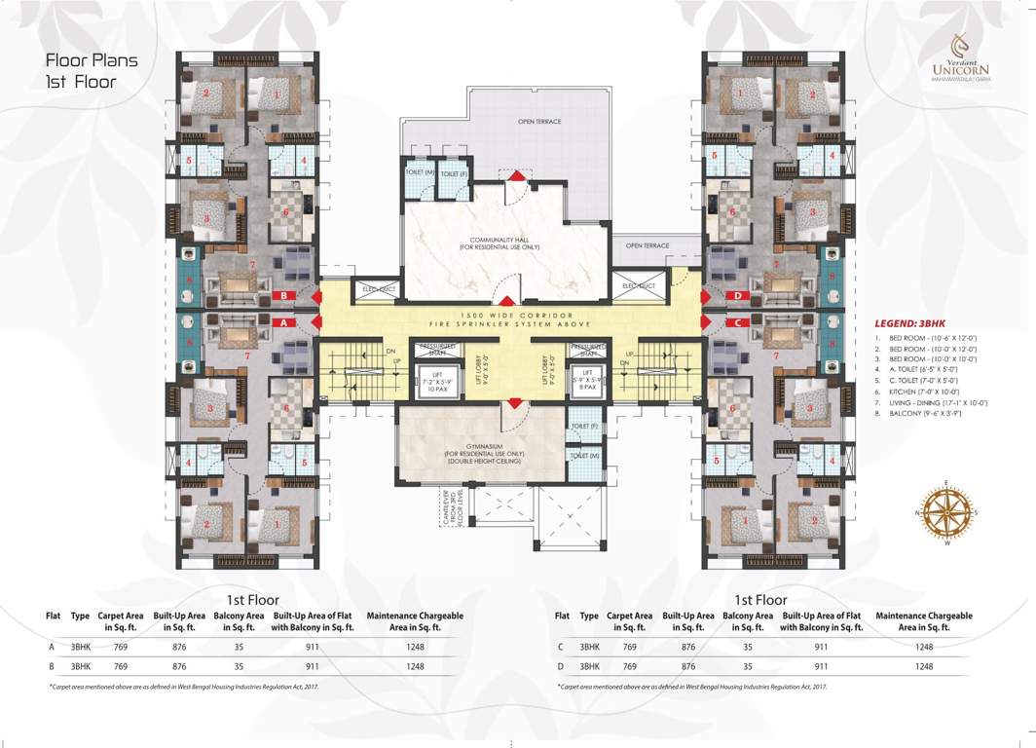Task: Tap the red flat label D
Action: click(x=738, y=295)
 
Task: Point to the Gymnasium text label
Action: click(x=483, y=453)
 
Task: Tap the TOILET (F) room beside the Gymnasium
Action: click(x=580, y=427)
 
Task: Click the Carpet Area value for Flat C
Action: click(x=629, y=647)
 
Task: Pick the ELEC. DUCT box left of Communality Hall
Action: click(x=375, y=287)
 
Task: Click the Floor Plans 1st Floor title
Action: click(x=92, y=70)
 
